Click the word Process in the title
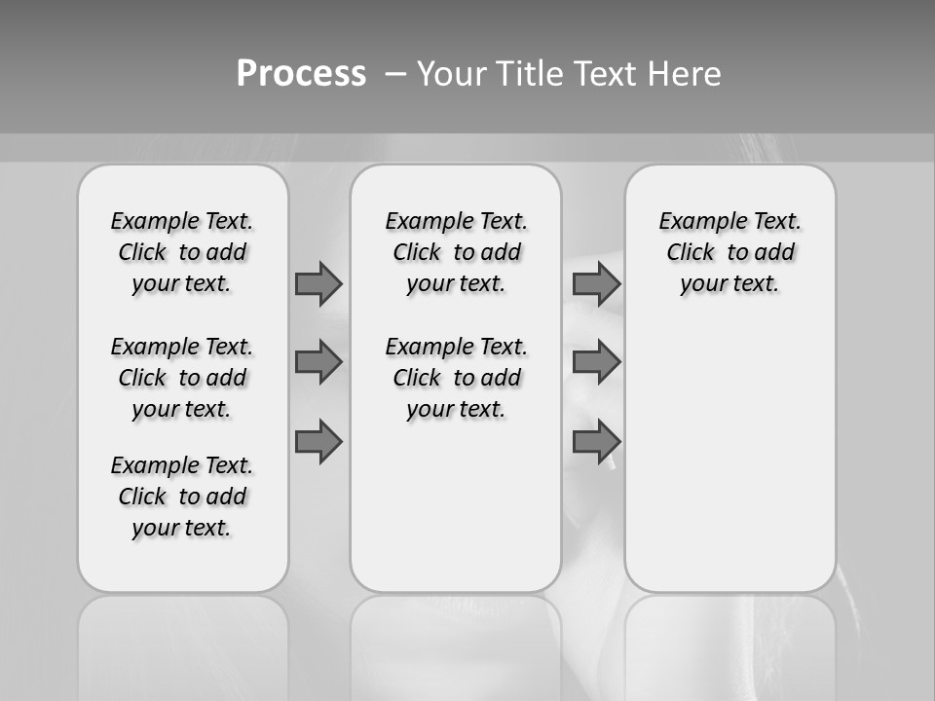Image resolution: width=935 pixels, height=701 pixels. [301, 73]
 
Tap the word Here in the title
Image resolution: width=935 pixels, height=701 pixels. [685, 74]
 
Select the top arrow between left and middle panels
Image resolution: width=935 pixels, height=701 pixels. [318, 283]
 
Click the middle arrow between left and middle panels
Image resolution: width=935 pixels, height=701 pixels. [318, 362]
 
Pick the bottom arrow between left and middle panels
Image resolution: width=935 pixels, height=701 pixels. [318, 442]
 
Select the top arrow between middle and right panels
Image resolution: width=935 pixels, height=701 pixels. [596, 283]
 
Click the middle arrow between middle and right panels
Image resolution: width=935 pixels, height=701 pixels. [596, 362]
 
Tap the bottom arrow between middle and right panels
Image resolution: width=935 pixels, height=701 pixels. [596, 442]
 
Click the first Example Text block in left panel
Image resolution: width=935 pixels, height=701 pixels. [182, 252]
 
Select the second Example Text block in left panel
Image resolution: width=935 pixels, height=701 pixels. [182, 378]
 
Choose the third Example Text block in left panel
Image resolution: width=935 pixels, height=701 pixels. [182, 497]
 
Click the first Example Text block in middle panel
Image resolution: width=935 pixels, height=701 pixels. [456, 252]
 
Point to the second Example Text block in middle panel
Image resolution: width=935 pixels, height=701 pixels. [456, 378]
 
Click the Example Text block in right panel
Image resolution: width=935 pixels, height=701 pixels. [729, 252]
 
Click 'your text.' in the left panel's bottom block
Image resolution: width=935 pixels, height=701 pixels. [182, 529]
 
